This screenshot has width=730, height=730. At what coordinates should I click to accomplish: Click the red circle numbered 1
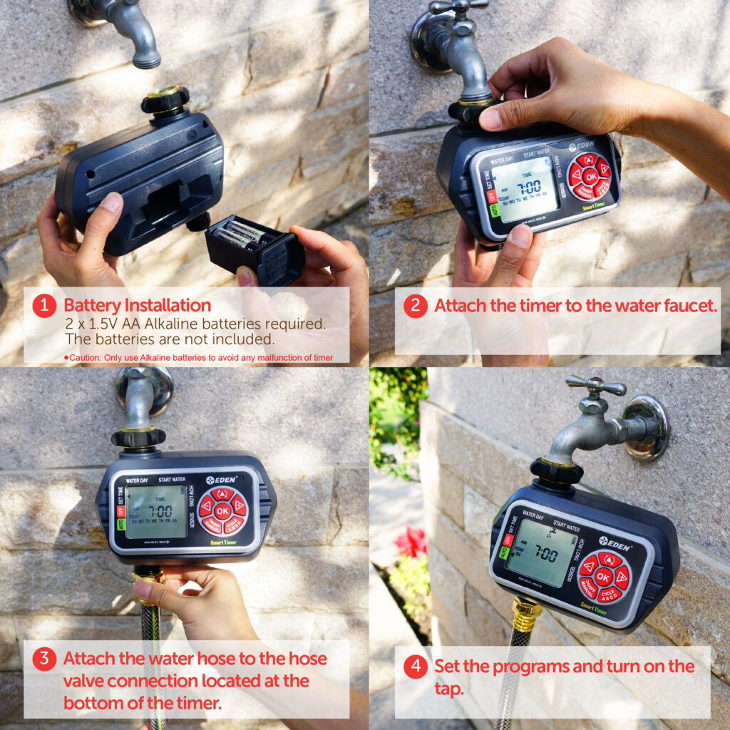pos(44,306)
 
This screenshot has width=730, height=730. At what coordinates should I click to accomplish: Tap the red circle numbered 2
pos(415,306)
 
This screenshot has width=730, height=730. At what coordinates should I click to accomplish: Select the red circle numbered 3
pos(44,659)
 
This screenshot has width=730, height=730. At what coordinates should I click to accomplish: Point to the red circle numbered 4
pos(415,667)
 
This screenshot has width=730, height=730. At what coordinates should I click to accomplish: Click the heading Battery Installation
pos(137,305)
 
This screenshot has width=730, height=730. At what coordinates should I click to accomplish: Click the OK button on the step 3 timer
pos(222,510)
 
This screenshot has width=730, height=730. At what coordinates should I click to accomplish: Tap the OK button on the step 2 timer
pos(590,176)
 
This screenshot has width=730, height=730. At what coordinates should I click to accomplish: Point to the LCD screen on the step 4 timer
pos(542,552)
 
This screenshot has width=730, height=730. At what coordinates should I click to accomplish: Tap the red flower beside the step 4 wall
pos(411,542)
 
